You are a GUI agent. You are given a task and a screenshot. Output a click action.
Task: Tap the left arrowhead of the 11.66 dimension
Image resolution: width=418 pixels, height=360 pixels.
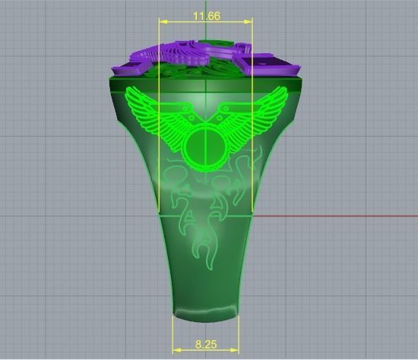(x=161, y=22)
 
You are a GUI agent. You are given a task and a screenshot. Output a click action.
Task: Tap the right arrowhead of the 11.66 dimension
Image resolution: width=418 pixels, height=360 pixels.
(x=249, y=22)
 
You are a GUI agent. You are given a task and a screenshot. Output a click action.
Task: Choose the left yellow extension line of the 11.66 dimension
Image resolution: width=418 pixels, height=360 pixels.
(x=158, y=152)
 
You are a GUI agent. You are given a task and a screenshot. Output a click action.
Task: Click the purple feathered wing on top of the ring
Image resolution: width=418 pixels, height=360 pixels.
(x=182, y=53)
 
